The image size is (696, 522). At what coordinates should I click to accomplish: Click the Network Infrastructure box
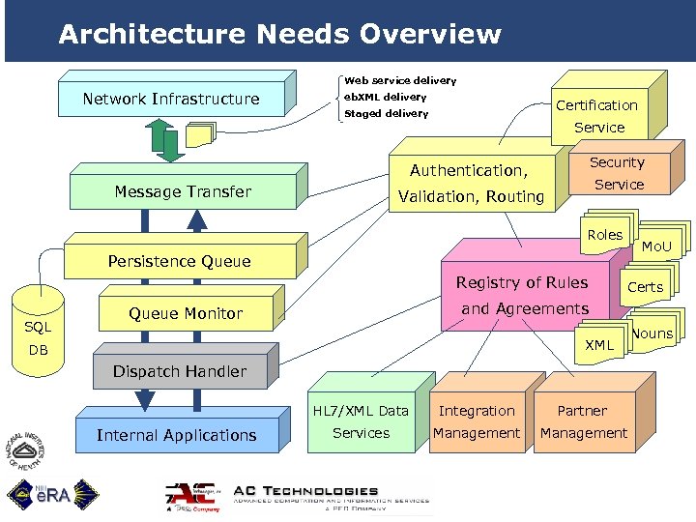click(x=171, y=99)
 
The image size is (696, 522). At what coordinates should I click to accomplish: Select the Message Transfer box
click(x=183, y=191)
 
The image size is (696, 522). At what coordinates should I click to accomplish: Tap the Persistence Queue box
click(x=179, y=261)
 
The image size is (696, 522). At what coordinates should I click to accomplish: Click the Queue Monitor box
click(x=186, y=313)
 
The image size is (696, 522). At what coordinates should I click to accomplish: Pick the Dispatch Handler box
click(x=180, y=371)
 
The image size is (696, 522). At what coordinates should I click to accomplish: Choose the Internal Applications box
click(x=177, y=435)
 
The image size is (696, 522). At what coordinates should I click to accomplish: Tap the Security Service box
click(x=618, y=173)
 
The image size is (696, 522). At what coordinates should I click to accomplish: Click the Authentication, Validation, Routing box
click(x=477, y=184)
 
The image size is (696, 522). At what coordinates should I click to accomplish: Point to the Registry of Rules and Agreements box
click(x=523, y=296)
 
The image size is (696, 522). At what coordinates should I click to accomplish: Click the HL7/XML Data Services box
click(x=361, y=421)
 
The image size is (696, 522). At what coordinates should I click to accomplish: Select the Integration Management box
click(x=476, y=421)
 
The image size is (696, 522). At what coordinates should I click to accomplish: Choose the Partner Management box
click(x=583, y=421)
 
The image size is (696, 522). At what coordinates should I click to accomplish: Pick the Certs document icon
click(x=645, y=287)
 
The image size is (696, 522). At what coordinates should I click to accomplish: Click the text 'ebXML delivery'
click(x=386, y=97)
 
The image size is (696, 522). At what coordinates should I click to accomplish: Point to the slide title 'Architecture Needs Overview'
click(x=279, y=35)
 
